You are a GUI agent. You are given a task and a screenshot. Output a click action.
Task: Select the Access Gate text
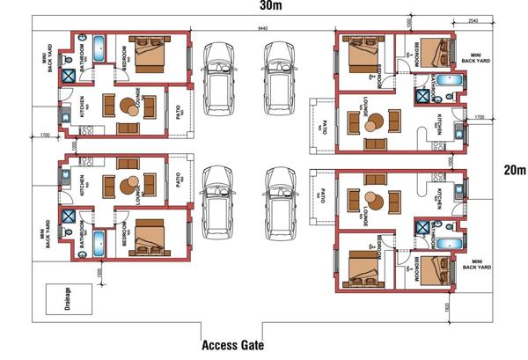point(232,345)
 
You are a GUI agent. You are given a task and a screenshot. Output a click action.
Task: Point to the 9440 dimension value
point(264,29)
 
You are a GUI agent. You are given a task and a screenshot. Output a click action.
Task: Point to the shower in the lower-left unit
point(68,215)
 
